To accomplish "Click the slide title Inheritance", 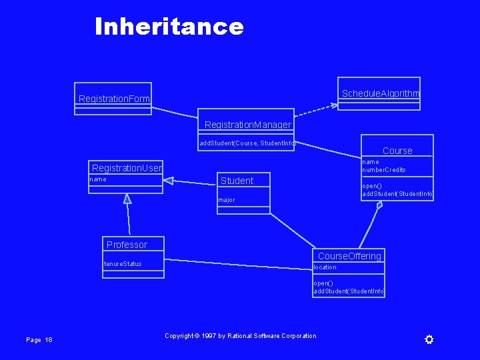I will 169,27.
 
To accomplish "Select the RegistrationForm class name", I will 114,99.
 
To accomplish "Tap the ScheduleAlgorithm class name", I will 380,93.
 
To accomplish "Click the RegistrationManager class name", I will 247,125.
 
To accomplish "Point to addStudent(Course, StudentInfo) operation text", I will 247,143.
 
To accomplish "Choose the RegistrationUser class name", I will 127,168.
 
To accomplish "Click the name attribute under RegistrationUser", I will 98,179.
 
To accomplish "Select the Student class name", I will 237,181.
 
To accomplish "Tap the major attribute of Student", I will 227,200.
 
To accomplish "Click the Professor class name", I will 127,245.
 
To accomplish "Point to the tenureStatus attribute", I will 123,264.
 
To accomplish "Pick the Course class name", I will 397,151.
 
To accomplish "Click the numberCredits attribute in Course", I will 384,170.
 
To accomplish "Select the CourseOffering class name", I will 349,256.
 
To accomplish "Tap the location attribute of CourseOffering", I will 325,267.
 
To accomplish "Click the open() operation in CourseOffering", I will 323,283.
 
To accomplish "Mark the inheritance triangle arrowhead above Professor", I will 127,198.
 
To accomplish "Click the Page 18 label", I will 39,340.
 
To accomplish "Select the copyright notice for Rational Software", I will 240,336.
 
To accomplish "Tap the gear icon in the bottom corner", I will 429,340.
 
